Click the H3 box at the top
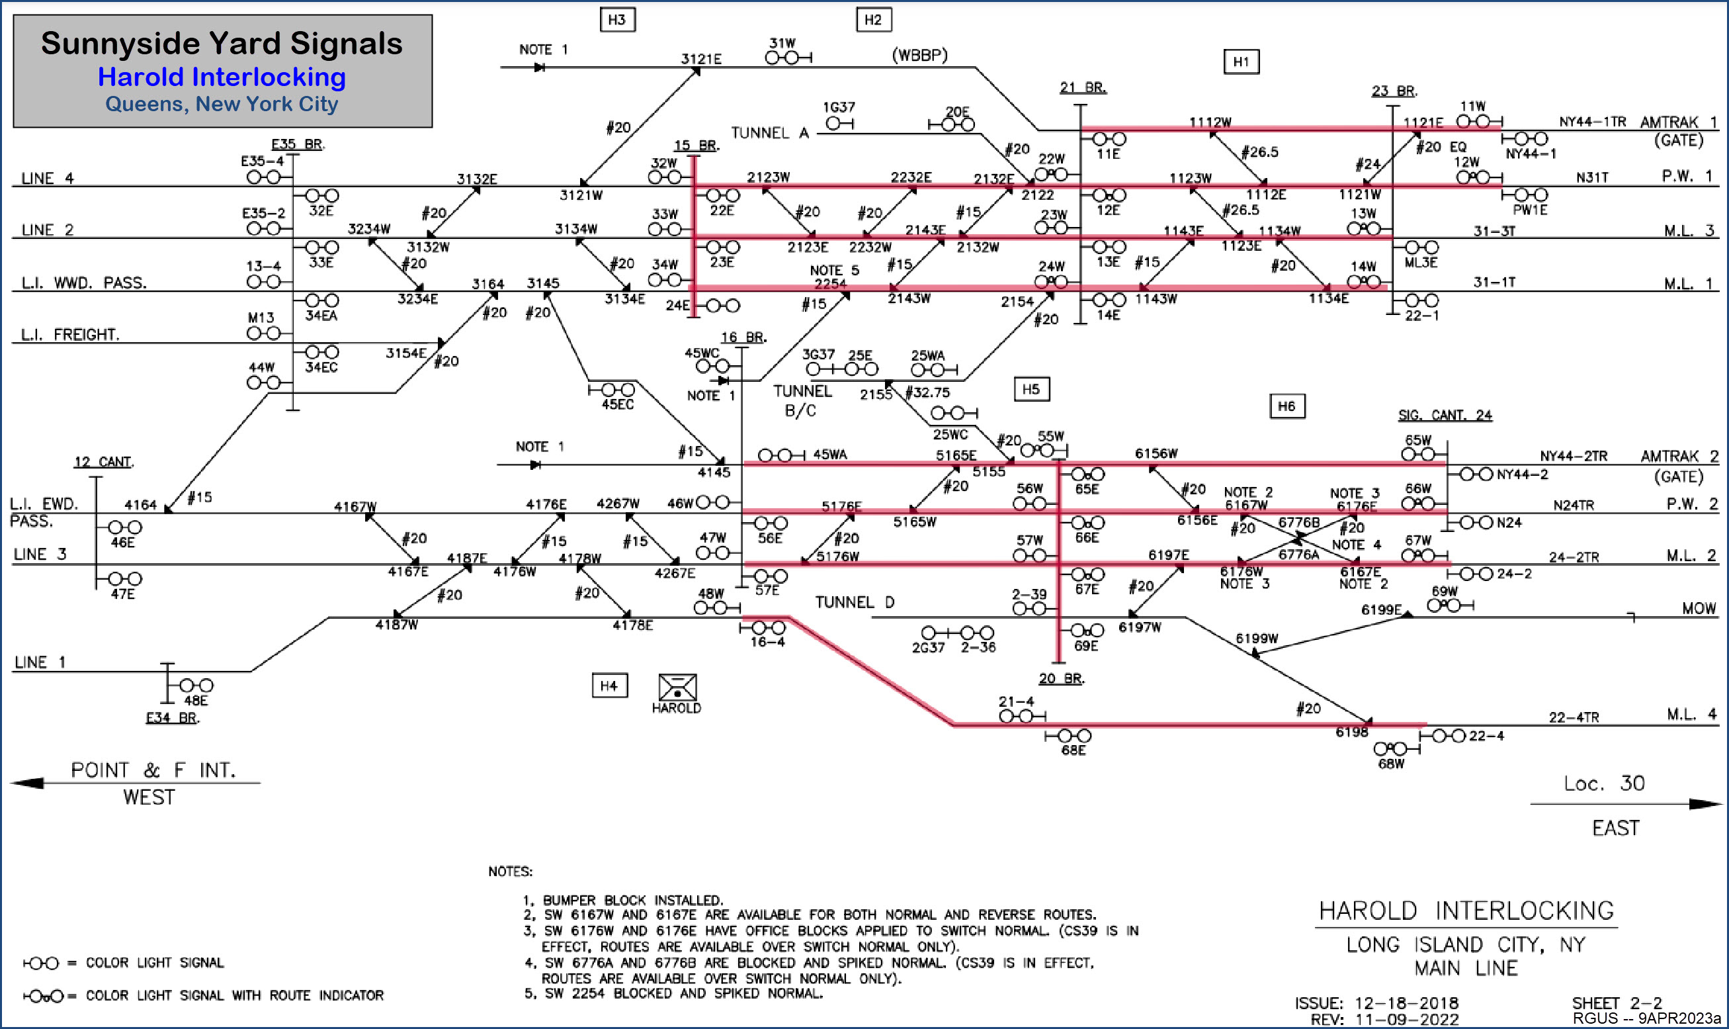pos(616,19)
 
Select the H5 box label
pos(1031,389)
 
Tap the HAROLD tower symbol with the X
pos(677,687)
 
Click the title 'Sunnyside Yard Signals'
pos(222,43)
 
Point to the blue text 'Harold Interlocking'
pos(222,77)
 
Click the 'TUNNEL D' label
pos(855,602)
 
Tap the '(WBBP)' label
pos(919,55)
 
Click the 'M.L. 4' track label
pos(1691,714)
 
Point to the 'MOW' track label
pos(1699,608)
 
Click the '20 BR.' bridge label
pos(1061,678)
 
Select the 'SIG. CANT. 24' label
pos(1444,415)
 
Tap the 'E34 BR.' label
pos(173,718)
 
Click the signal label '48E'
pos(196,700)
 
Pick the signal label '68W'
pos(1390,764)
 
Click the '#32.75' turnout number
pos(927,392)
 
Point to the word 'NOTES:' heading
pos(510,871)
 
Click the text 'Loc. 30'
pos(1603,783)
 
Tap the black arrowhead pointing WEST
pos(28,783)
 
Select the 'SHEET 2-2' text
pos(1616,1003)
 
